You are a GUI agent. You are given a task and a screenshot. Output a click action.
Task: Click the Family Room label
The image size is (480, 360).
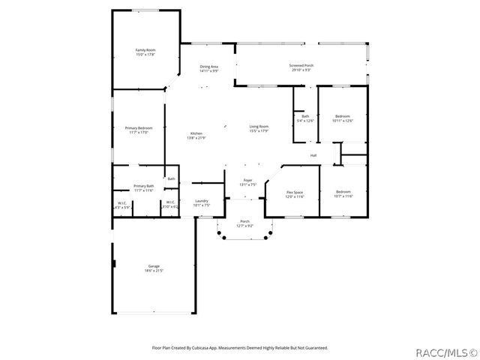pyautogui.click(x=145, y=52)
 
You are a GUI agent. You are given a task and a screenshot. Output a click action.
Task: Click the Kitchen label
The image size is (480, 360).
pyautogui.click(x=196, y=136)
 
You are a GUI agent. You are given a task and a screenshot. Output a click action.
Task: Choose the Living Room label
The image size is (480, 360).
pyautogui.click(x=259, y=129)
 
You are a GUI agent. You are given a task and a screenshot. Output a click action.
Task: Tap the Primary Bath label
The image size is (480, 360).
pyautogui.click(x=144, y=187)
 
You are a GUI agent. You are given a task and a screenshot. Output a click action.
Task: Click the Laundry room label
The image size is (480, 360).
pyautogui.click(x=201, y=202)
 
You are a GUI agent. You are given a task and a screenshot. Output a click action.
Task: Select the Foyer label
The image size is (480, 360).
pyautogui.click(x=247, y=182)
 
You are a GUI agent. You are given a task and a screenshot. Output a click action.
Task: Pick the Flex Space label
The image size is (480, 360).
pyautogui.click(x=295, y=194)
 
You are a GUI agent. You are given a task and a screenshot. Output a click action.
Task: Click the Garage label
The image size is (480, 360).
pyautogui.click(x=153, y=268)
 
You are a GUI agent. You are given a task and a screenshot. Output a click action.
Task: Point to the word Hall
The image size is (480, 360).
pyautogui.click(x=313, y=155)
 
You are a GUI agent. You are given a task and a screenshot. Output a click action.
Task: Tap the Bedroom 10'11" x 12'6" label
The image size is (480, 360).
pyautogui.click(x=342, y=118)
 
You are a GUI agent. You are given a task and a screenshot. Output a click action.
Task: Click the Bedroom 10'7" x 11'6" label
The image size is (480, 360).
pyautogui.click(x=343, y=193)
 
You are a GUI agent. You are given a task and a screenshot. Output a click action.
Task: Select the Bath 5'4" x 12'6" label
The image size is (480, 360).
pyautogui.click(x=305, y=118)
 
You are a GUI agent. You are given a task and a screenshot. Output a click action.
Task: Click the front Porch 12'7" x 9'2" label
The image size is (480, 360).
pyautogui.click(x=245, y=223)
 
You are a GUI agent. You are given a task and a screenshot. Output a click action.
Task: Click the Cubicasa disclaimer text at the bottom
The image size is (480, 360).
pyautogui.click(x=240, y=347)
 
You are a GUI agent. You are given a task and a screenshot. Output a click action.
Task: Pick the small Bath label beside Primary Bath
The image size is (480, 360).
pyautogui.click(x=171, y=178)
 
